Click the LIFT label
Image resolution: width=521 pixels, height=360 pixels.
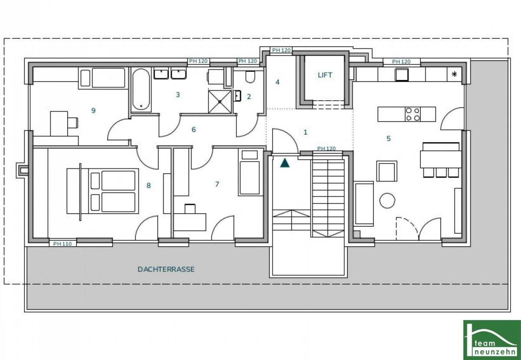[325, 75]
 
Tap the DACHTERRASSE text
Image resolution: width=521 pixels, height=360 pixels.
[166, 269]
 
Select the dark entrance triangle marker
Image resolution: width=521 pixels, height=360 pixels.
[285, 163]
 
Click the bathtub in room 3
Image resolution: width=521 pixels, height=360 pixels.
[141, 89]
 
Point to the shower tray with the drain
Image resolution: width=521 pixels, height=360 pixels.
[220, 102]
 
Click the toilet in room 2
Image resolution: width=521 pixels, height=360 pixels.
[250, 77]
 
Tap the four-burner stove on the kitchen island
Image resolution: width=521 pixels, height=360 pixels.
[413, 114]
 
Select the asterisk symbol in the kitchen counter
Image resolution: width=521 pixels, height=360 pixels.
[454, 74]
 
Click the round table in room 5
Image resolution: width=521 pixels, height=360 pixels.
[387, 201]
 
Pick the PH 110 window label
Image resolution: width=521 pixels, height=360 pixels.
[63, 244]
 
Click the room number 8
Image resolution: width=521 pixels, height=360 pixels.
[148, 185]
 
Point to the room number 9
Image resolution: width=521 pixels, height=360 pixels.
[93, 110]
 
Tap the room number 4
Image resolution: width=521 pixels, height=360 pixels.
[277, 82]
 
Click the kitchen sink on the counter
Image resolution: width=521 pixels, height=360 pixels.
[402, 74]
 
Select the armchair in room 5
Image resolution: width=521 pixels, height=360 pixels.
[386, 171]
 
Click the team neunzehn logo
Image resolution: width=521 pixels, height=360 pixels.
[492, 340]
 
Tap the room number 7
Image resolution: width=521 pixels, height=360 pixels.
[217, 184]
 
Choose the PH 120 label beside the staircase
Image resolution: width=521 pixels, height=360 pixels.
[326, 149]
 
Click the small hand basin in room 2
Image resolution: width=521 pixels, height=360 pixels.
[237, 96]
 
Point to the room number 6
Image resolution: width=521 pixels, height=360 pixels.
[194, 129]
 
